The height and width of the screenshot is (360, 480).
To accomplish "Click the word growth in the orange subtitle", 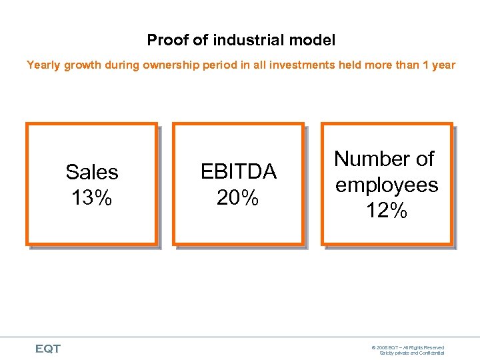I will [82, 65].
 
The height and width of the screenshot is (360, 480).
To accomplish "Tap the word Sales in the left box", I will [92, 172].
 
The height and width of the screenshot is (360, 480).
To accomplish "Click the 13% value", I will [92, 197].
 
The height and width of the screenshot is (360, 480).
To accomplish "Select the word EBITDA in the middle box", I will [239, 172].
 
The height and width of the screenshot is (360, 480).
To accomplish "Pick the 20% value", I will [238, 197].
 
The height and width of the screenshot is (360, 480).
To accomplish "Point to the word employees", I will [387, 185].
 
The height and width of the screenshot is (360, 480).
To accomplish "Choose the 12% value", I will [387, 211].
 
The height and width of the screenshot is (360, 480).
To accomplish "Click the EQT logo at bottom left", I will [48, 349].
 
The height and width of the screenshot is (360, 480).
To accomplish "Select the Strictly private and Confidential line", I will [412, 353].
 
